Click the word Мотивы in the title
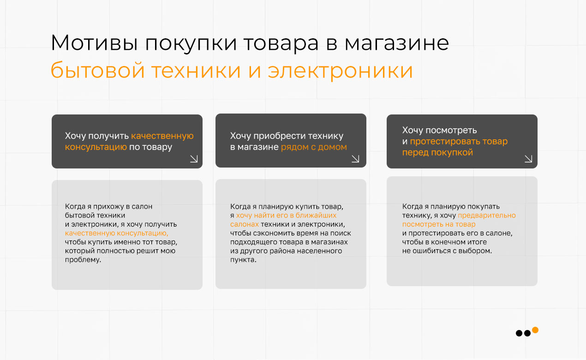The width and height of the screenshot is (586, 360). [94, 42]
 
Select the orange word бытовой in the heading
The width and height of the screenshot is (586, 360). [97, 70]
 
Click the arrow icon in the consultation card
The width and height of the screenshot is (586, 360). [194, 159]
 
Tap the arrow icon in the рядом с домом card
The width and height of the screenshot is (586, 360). [355, 159]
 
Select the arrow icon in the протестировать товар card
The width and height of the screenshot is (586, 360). [528, 159]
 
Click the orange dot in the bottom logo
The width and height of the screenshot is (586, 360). [535, 330]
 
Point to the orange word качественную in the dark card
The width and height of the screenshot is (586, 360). [162, 136]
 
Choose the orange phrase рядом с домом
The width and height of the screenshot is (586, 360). [314, 147]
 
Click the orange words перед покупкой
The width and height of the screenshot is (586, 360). [437, 152]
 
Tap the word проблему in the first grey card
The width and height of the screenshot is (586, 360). [83, 260]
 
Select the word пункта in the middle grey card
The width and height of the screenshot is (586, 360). [243, 260]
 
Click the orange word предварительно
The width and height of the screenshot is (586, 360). [487, 216]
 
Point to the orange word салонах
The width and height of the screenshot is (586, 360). [245, 224]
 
